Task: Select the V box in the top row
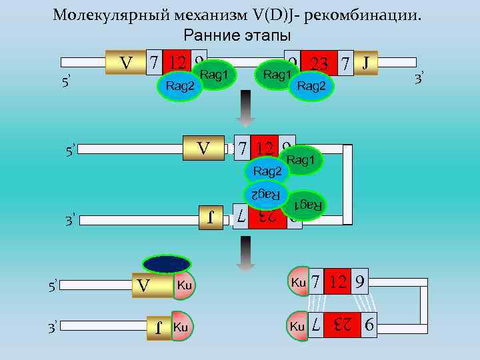point(125,63)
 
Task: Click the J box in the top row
point(365,63)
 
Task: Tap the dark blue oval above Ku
point(167,264)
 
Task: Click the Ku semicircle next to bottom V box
point(183,286)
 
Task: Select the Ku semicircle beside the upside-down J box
point(181,327)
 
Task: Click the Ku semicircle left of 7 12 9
point(297,283)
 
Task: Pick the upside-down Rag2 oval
point(265,194)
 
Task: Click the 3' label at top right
point(419,79)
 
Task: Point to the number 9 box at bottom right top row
point(359,283)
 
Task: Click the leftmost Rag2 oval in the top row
point(180,86)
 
